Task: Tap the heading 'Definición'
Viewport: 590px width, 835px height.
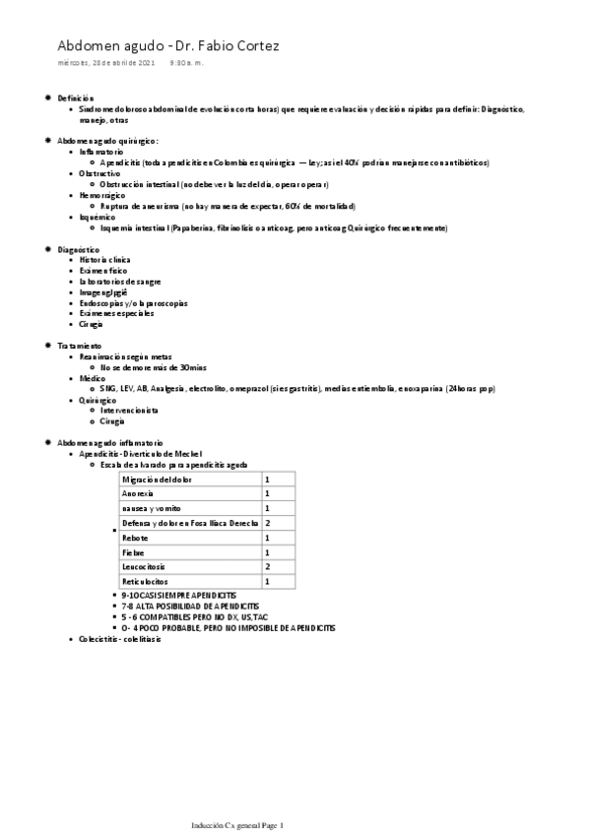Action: [76, 98]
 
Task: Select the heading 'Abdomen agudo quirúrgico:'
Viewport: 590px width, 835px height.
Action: [107, 141]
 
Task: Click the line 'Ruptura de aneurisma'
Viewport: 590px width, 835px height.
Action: [227, 206]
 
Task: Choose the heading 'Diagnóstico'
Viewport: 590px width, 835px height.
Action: [78, 249]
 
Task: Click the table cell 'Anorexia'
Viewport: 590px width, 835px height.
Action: [138, 493]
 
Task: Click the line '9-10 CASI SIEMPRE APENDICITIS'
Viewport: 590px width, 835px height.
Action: [179, 597]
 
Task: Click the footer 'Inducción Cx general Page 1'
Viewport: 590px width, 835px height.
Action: [237, 825]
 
